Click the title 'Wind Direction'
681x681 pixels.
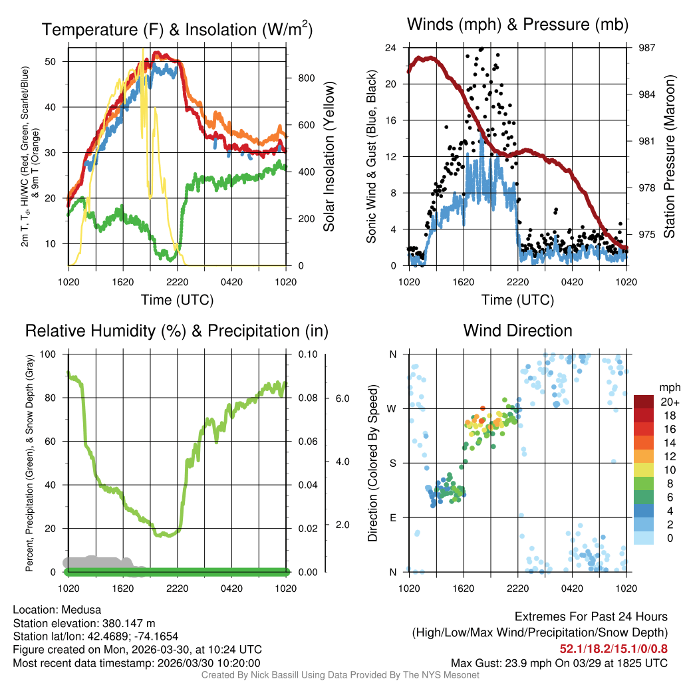(517, 330)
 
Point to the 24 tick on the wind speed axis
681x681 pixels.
(390, 48)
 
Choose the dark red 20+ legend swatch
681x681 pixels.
(643, 401)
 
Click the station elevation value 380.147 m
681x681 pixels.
(128, 623)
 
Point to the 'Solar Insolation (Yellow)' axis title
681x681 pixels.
(329, 157)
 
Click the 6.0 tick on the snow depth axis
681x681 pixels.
(340, 398)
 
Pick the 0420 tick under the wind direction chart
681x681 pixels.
(572, 589)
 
